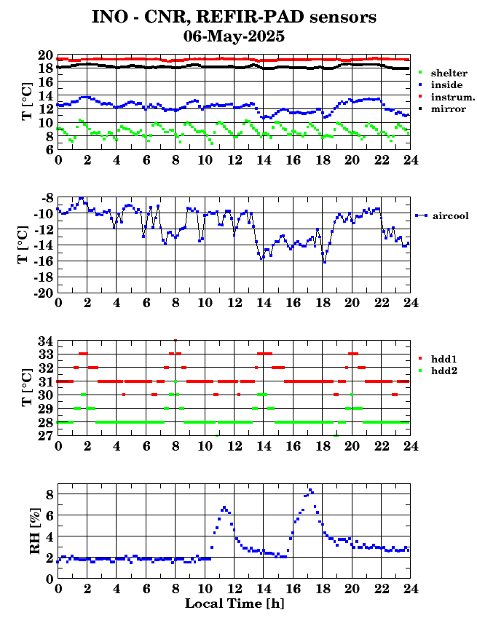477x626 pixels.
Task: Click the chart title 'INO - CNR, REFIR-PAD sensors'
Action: (x=234, y=17)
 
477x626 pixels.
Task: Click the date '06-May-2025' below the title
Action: (x=234, y=35)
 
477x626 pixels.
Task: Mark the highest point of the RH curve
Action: (x=310, y=489)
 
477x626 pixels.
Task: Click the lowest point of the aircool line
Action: (x=324, y=262)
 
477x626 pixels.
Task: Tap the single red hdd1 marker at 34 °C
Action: (x=176, y=340)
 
